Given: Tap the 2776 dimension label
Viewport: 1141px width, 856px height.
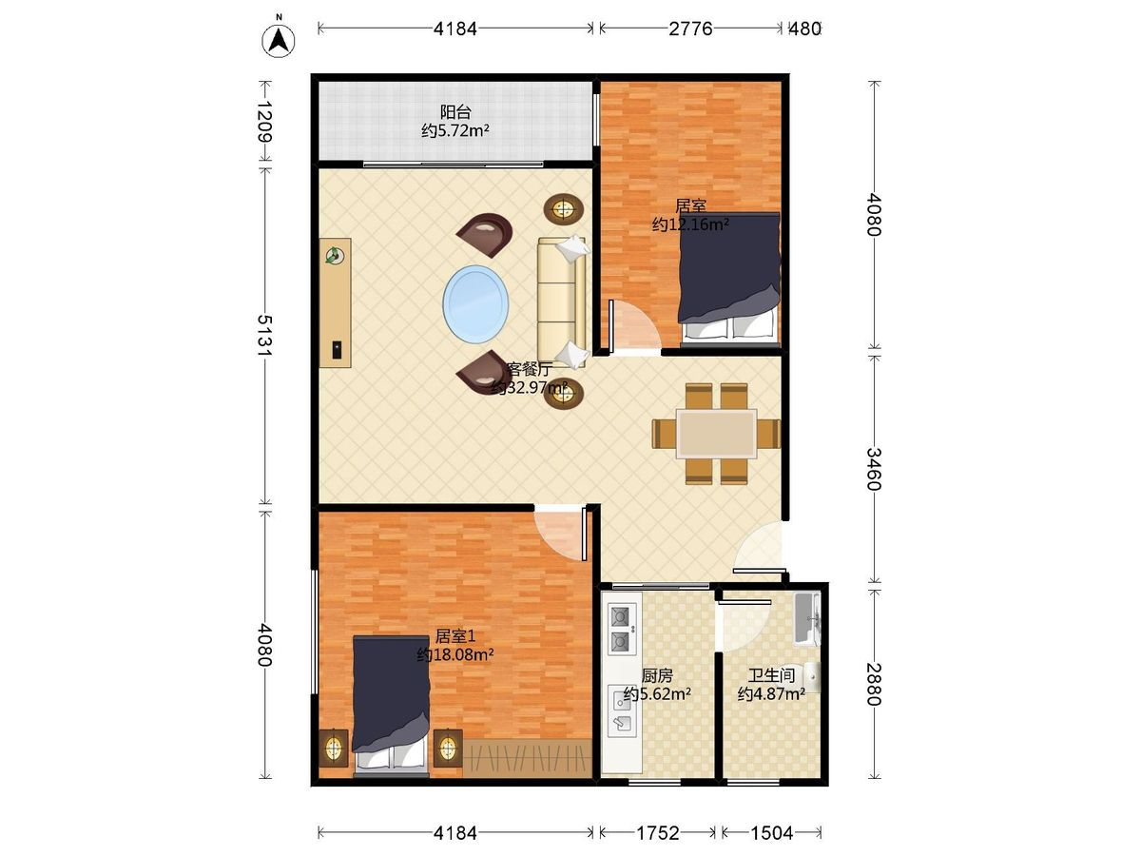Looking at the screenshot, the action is click(689, 29).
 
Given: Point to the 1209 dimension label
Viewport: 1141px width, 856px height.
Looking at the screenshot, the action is click(265, 122).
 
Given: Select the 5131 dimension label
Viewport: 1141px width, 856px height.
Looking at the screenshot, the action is click(265, 335).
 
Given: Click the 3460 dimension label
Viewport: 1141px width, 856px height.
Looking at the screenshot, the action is click(874, 469).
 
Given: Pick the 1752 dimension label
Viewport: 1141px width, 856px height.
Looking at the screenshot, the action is click(658, 834).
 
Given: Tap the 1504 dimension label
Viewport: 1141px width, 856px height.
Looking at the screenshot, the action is click(771, 834).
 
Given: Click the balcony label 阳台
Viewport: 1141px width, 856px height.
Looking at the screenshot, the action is click(455, 112).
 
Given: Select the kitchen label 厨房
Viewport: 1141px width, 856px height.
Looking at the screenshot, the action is click(657, 676).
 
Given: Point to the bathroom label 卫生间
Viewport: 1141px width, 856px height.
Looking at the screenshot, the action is click(771, 675).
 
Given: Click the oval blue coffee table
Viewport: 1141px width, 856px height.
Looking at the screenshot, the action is click(475, 304).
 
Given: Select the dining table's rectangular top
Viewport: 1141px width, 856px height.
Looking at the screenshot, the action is click(716, 434).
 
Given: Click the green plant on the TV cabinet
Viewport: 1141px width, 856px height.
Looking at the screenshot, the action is click(335, 256).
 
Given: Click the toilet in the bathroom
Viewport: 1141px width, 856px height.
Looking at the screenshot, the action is click(811, 677).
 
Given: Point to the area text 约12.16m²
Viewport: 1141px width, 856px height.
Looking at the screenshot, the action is click(689, 224).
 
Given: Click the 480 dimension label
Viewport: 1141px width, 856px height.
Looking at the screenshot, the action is click(804, 29).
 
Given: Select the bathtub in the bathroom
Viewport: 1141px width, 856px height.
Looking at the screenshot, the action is click(806, 618).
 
